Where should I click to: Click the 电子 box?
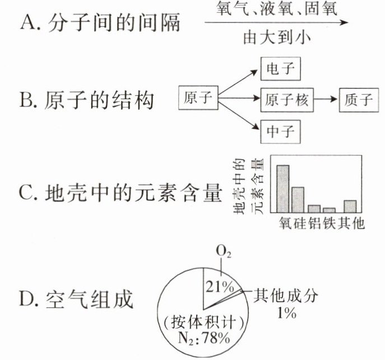[x=281, y=69]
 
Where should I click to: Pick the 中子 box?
[x=281, y=133]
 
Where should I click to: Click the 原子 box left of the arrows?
[x=198, y=99]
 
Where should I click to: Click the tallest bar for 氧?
[x=283, y=189]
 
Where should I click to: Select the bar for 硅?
[x=298, y=199]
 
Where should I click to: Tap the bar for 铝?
[x=314, y=208]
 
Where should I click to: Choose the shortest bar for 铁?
[x=330, y=210]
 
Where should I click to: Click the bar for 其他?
[x=350, y=206]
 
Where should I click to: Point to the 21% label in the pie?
[x=219, y=287]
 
